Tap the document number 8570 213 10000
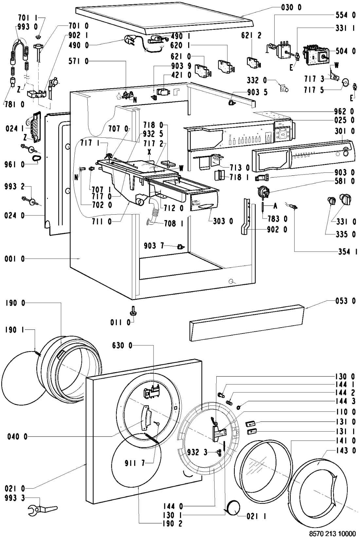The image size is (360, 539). pos(333,533)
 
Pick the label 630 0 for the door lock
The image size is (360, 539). pos(122,345)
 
